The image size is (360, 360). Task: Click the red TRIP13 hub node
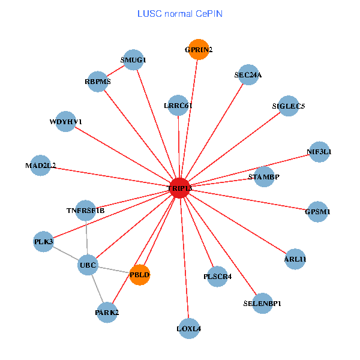(x=180, y=188)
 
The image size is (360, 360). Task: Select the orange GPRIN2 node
(x=198, y=49)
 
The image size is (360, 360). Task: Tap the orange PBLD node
(x=139, y=275)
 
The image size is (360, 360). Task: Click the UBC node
(x=88, y=265)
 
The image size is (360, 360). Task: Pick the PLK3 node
(x=43, y=242)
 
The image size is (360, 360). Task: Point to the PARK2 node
(x=107, y=313)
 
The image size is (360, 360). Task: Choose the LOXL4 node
(x=189, y=328)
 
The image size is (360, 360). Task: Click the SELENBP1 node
(x=263, y=303)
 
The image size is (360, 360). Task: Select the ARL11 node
(x=295, y=259)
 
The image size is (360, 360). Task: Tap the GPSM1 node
(x=317, y=212)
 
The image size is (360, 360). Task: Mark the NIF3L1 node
(x=319, y=152)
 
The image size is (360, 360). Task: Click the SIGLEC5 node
(x=289, y=106)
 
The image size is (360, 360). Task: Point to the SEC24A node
(x=248, y=75)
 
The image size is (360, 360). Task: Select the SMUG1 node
(x=133, y=60)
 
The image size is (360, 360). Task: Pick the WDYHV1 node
(x=65, y=122)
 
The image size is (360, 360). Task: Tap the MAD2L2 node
(x=40, y=165)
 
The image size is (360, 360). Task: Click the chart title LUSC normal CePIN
(x=180, y=13)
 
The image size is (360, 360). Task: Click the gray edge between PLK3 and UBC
(x=65, y=253)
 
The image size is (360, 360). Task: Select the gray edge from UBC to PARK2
(x=97, y=289)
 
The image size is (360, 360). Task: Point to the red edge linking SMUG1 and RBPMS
(x=115, y=71)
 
